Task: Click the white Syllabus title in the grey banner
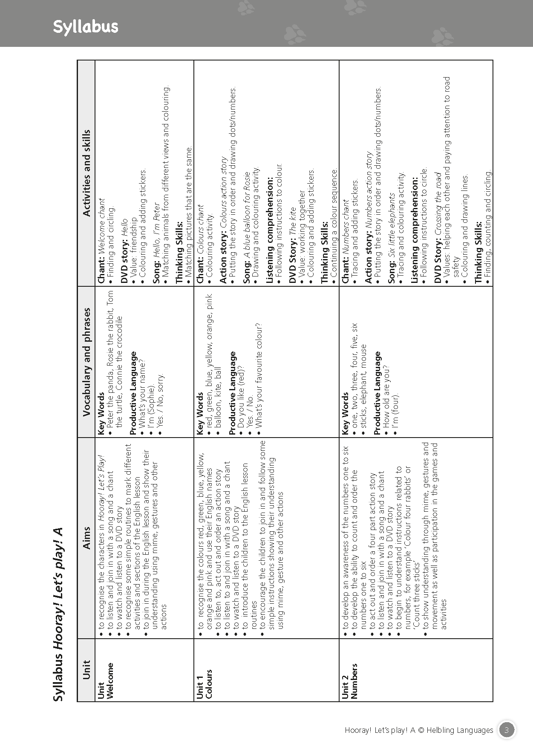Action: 85,27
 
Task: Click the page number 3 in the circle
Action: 506,730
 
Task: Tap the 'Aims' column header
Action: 86,539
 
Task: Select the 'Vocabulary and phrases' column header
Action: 86,362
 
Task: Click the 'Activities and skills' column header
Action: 86,173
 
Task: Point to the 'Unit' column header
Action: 86,670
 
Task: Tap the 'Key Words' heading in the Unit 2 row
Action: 345,414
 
